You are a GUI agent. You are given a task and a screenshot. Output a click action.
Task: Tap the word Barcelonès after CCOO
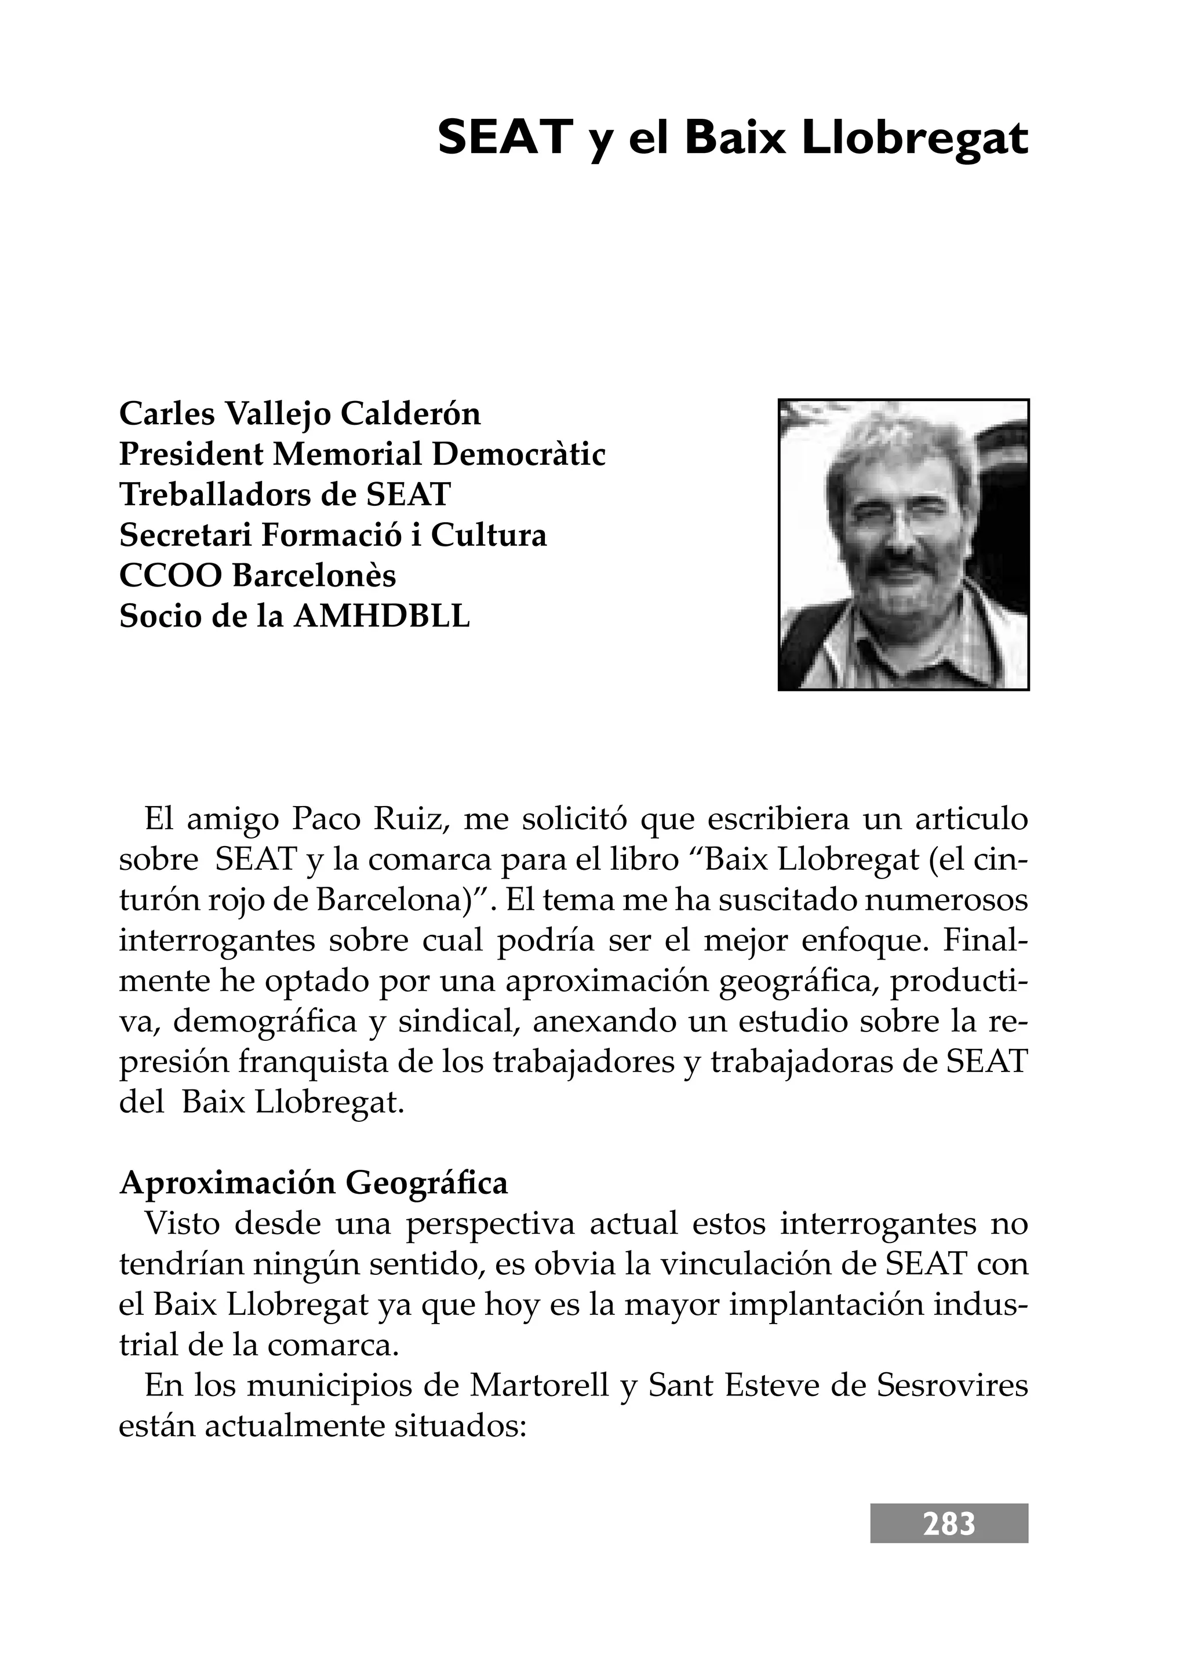click(x=314, y=577)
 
